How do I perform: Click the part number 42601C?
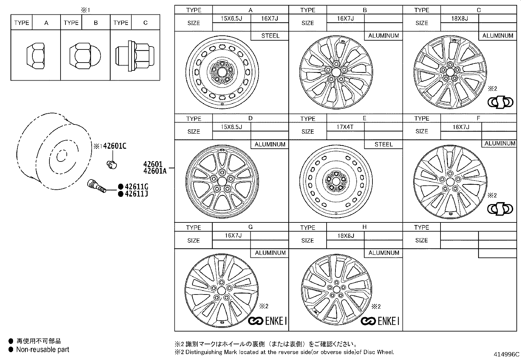[115, 146]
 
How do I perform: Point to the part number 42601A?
[154, 170]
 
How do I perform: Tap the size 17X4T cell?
[345, 127]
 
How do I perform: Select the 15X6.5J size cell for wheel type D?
[231, 127]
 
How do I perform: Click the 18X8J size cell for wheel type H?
[346, 236]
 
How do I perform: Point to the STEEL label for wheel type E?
[383, 144]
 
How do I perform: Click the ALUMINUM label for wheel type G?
[270, 253]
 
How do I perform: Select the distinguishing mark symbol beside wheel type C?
[500, 103]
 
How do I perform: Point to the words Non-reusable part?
[43, 350]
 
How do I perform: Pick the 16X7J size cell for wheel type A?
[269, 19]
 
